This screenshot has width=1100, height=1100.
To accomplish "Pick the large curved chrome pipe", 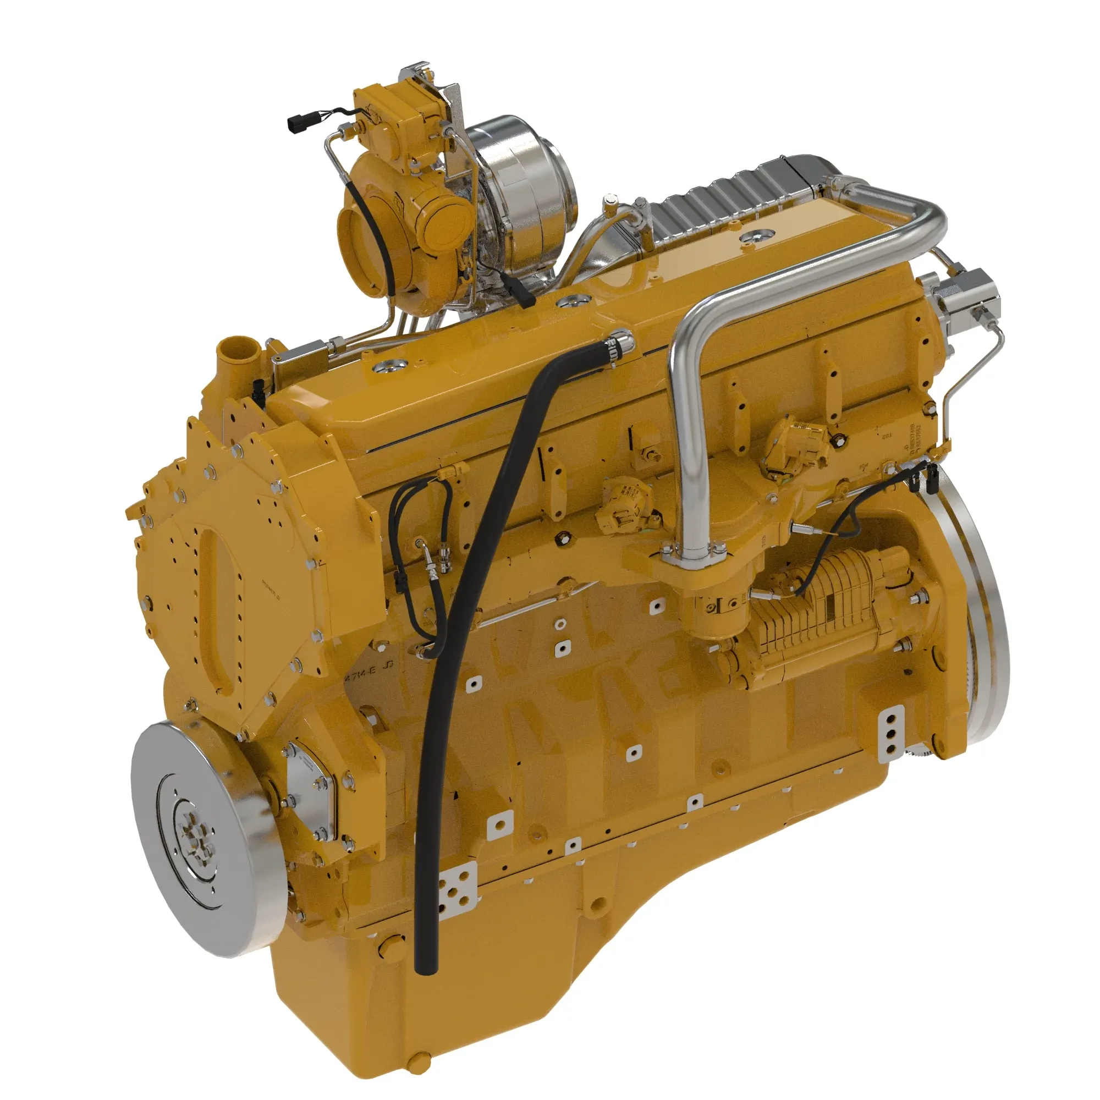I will [x=809, y=268].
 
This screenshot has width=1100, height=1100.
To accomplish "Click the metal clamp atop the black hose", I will [x=616, y=345].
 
